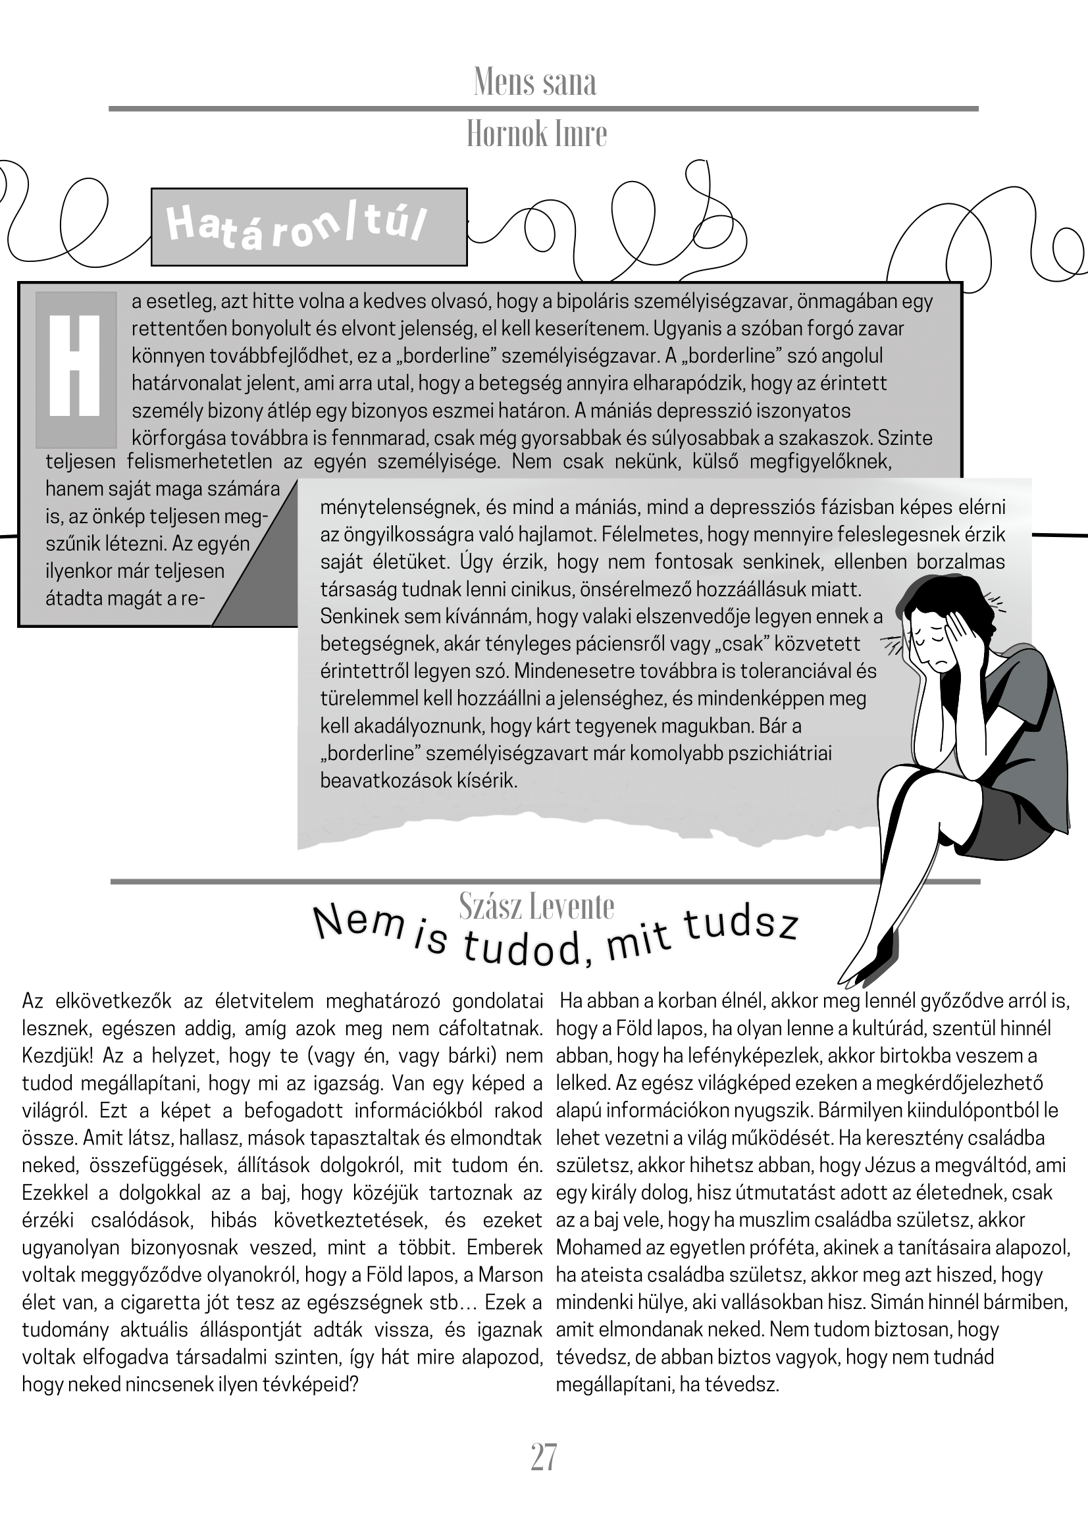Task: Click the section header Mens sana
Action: [x=534, y=82]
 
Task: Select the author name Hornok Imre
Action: [x=536, y=134]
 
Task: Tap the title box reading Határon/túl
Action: [x=309, y=226]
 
